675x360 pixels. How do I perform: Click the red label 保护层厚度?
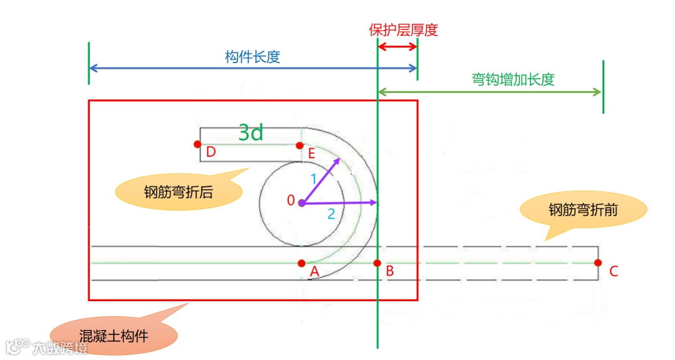(403, 30)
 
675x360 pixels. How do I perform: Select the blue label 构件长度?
(252, 56)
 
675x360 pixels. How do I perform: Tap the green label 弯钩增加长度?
(512, 79)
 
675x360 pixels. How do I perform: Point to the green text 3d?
(251, 132)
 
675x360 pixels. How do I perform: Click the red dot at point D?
(197, 144)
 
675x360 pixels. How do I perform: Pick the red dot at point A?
(302, 263)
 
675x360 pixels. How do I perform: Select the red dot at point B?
(377, 263)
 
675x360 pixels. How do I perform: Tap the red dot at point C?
(598, 262)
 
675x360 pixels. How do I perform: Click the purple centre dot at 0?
(302, 202)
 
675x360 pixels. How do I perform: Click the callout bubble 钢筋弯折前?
(583, 210)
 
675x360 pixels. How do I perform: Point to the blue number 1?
(314, 179)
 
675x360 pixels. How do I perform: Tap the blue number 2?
(331, 214)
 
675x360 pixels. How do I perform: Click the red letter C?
(613, 271)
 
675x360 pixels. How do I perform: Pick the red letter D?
(211, 152)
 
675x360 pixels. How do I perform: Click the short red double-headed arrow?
(397, 48)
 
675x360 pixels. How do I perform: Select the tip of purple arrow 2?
(376, 202)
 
